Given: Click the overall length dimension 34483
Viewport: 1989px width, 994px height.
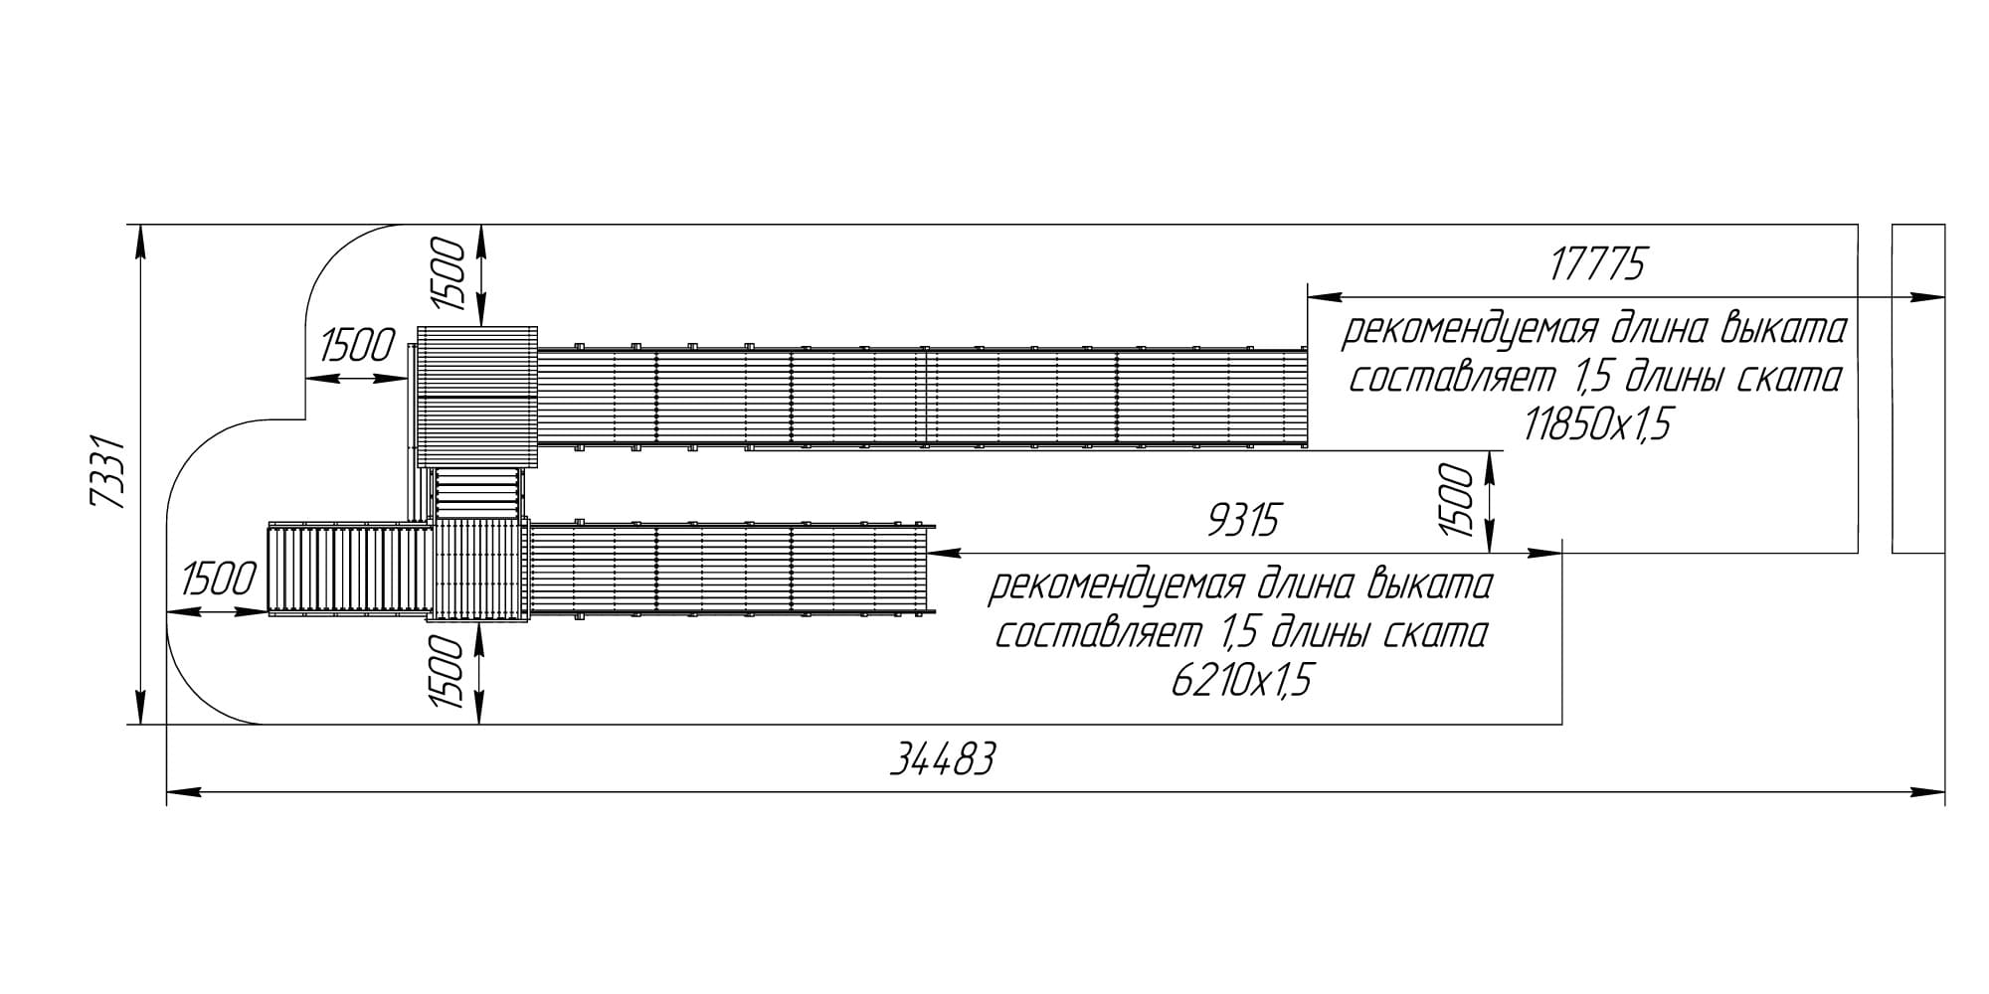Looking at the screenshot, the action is (x=941, y=761).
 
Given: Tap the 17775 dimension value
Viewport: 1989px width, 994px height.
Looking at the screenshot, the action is (x=1598, y=265).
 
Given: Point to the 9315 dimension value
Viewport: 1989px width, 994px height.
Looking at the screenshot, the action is (x=1242, y=521).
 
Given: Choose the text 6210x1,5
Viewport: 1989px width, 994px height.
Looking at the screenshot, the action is (x=1241, y=682).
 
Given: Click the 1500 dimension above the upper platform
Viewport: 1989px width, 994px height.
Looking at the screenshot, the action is (x=449, y=274).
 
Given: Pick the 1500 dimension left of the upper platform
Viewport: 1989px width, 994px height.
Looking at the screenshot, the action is (x=357, y=347).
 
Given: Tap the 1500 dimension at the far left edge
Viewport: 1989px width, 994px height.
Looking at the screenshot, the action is (x=220, y=580).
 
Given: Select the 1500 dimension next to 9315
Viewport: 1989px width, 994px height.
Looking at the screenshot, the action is (x=1456, y=500).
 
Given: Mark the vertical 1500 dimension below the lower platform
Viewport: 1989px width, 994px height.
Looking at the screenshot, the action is (x=449, y=673).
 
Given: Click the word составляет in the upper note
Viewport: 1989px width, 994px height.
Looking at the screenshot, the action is (x=1451, y=379).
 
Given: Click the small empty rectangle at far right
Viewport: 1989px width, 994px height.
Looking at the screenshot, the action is (x=1918, y=389).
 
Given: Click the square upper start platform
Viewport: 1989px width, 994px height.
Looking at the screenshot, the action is (x=477, y=397).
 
